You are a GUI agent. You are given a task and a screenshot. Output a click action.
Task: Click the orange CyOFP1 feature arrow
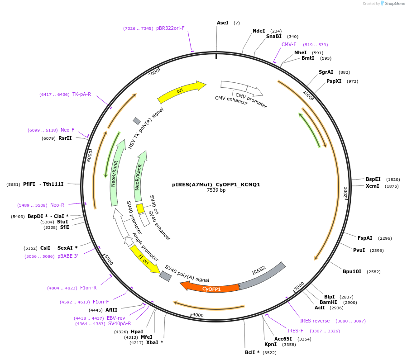coord(211,288)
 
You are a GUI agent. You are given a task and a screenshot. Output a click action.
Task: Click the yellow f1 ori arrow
coord(144,259)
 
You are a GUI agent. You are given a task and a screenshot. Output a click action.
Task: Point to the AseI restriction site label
coord(222,23)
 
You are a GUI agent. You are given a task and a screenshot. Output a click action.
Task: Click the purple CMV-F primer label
coord(289,44)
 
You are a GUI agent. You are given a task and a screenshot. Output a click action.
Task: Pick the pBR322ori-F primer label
coord(170,28)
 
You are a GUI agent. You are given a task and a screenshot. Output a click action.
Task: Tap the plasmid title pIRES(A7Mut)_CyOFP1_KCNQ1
coord(216,185)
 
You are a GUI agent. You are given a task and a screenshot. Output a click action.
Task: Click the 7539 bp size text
coord(216,190)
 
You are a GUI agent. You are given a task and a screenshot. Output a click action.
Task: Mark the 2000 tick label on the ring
coord(345,192)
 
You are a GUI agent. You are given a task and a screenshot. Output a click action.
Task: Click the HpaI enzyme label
coord(137,332)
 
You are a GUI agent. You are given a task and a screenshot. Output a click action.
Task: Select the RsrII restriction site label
coord(65,138)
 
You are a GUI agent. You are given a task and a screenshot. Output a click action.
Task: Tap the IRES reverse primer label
coord(315,321)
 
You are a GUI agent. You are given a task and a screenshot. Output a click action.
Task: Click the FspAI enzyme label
coord(365,238)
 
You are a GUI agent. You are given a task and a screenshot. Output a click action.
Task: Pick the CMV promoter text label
coord(251,100)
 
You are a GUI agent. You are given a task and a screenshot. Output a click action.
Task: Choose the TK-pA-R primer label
coord(81,94)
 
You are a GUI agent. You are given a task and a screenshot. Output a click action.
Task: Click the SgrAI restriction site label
coord(326,72)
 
